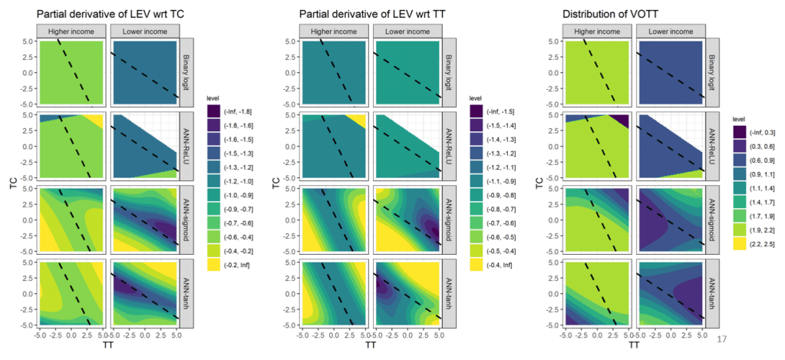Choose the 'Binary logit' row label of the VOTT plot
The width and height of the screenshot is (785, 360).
(x=713, y=73)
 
